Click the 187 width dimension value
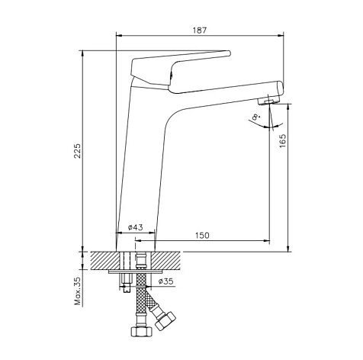tap(200, 31)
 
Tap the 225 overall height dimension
tap(77, 151)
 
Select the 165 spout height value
tap(282, 140)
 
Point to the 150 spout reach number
tap(202, 236)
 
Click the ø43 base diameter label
tap(136, 227)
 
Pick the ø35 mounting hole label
tap(165, 281)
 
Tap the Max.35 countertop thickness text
tap(77, 291)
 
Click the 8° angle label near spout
tap(255, 117)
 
